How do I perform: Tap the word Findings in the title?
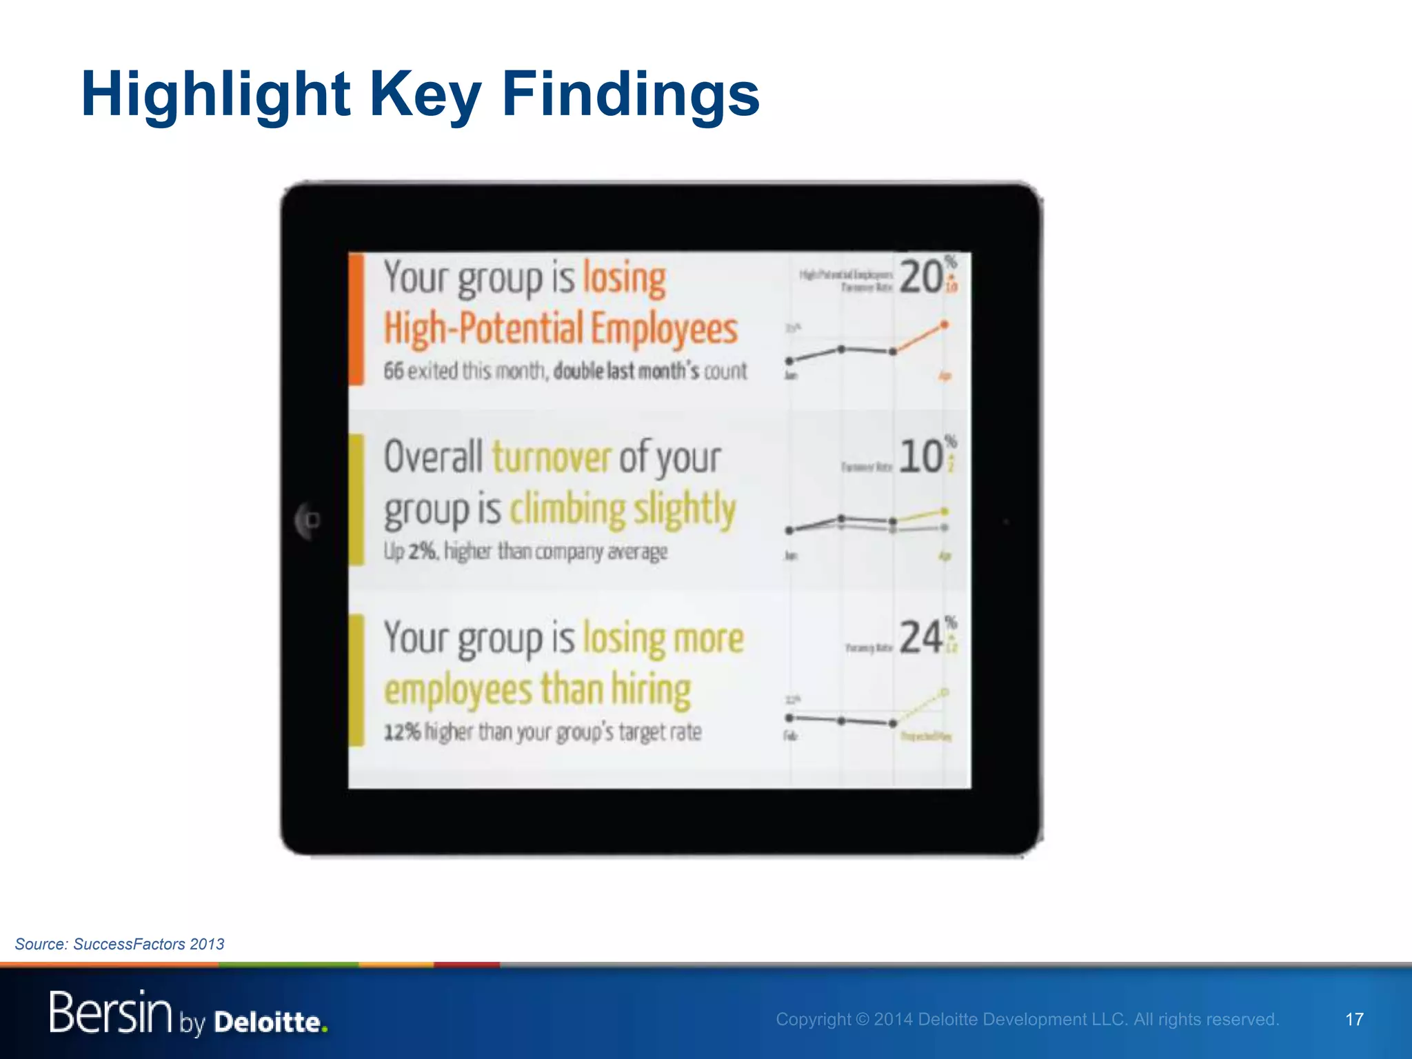(x=630, y=94)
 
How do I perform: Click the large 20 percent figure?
(x=921, y=277)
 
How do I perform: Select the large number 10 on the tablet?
(x=921, y=456)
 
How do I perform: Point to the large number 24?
(x=921, y=637)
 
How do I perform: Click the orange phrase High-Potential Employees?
(x=561, y=328)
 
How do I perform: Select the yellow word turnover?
(x=552, y=457)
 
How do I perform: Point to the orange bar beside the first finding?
(x=356, y=319)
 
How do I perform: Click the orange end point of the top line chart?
(x=945, y=324)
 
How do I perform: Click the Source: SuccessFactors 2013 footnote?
(x=119, y=944)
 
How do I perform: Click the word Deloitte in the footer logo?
(x=268, y=1022)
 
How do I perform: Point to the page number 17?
(x=1354, y=1019)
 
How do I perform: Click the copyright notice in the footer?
(x=1027, y=1019)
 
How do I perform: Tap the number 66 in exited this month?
(x=393, y=371)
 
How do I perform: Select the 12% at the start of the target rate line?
(x=401, y=732)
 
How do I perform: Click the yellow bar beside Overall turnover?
(x=356, y=499)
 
